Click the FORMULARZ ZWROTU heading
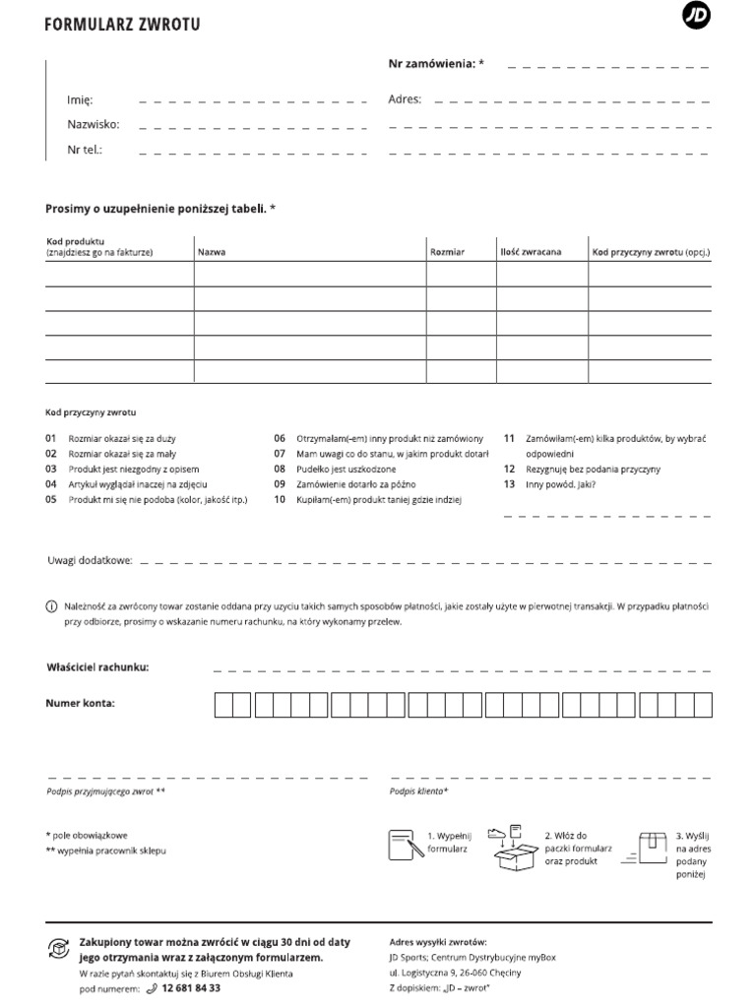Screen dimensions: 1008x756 click(122, 25)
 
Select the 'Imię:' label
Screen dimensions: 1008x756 click(79, 100)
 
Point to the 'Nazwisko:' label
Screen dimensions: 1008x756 click(93, 125)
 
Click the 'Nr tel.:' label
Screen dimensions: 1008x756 click(85, 151)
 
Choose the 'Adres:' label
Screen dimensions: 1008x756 click(405, 100)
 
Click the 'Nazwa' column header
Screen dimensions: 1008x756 click(212, 253)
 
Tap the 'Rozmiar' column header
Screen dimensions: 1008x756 click(447, 253)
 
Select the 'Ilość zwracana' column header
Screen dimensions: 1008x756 click(531, 253)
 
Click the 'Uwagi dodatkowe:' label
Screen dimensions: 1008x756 click(90, 560)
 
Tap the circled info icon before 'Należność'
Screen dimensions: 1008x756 click(52, 607)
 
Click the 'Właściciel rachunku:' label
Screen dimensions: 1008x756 click(97, 667)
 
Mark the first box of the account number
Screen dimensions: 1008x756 click(224, 705)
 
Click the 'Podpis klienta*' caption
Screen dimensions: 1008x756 click(418, 790)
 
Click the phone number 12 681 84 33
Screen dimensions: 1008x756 click(191, 988)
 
